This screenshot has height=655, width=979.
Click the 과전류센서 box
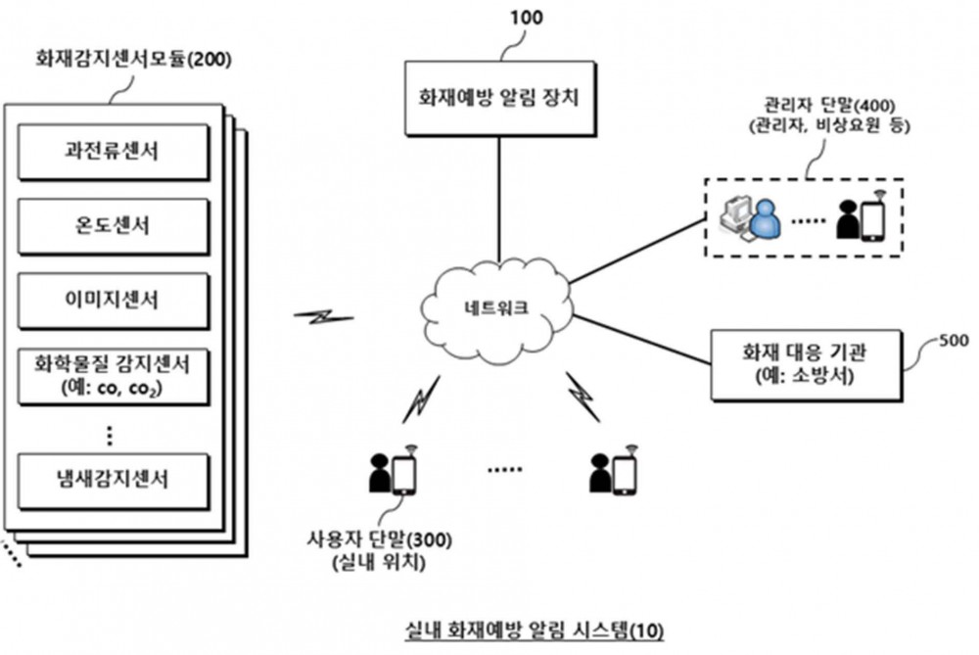113,152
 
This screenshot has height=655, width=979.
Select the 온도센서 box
113,226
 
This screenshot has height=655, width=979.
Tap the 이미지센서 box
113,301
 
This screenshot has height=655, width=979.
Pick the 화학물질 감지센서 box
113,376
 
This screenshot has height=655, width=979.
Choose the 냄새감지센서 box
113,481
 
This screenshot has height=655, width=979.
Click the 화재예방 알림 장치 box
499,98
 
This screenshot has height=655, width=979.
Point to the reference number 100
527,18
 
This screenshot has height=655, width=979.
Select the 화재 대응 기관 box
807,364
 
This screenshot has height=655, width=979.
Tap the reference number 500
954,341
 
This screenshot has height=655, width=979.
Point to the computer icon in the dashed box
735,218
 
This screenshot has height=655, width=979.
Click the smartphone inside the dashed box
873,219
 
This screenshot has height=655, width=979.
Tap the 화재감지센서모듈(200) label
133,60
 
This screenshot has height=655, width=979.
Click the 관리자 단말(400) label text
829,106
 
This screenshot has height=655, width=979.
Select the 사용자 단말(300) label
379,539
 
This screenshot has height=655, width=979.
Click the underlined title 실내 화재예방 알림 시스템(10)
535,630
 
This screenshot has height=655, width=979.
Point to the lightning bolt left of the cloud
323,316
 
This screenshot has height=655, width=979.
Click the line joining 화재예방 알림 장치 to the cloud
499,200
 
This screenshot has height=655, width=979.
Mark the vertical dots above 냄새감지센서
110,436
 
